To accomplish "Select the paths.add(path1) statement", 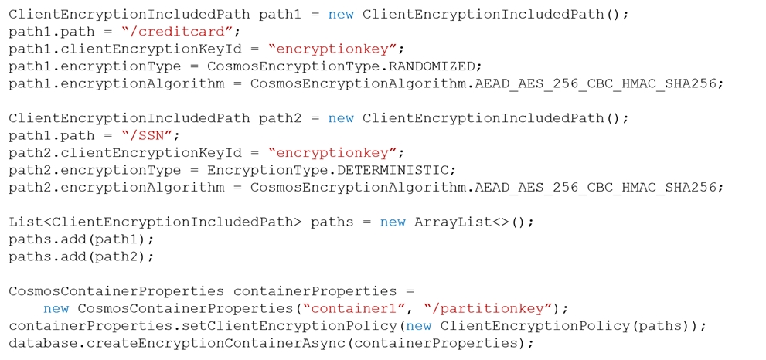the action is pyautogui.click(x=81, y=239).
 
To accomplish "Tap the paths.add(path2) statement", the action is pyautogui.click(x=81, y=256).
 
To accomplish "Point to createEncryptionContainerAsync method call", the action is pyautogui.click(x=215, y=344).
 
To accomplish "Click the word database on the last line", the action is pyautogui.click(x=43, y=344).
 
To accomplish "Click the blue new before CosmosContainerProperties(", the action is pyautogui.click(x=56, y=309).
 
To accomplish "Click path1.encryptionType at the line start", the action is pyautogui.click(x=94, y=66).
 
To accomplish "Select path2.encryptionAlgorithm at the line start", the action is pyautogui.click(x=116, y=188).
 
